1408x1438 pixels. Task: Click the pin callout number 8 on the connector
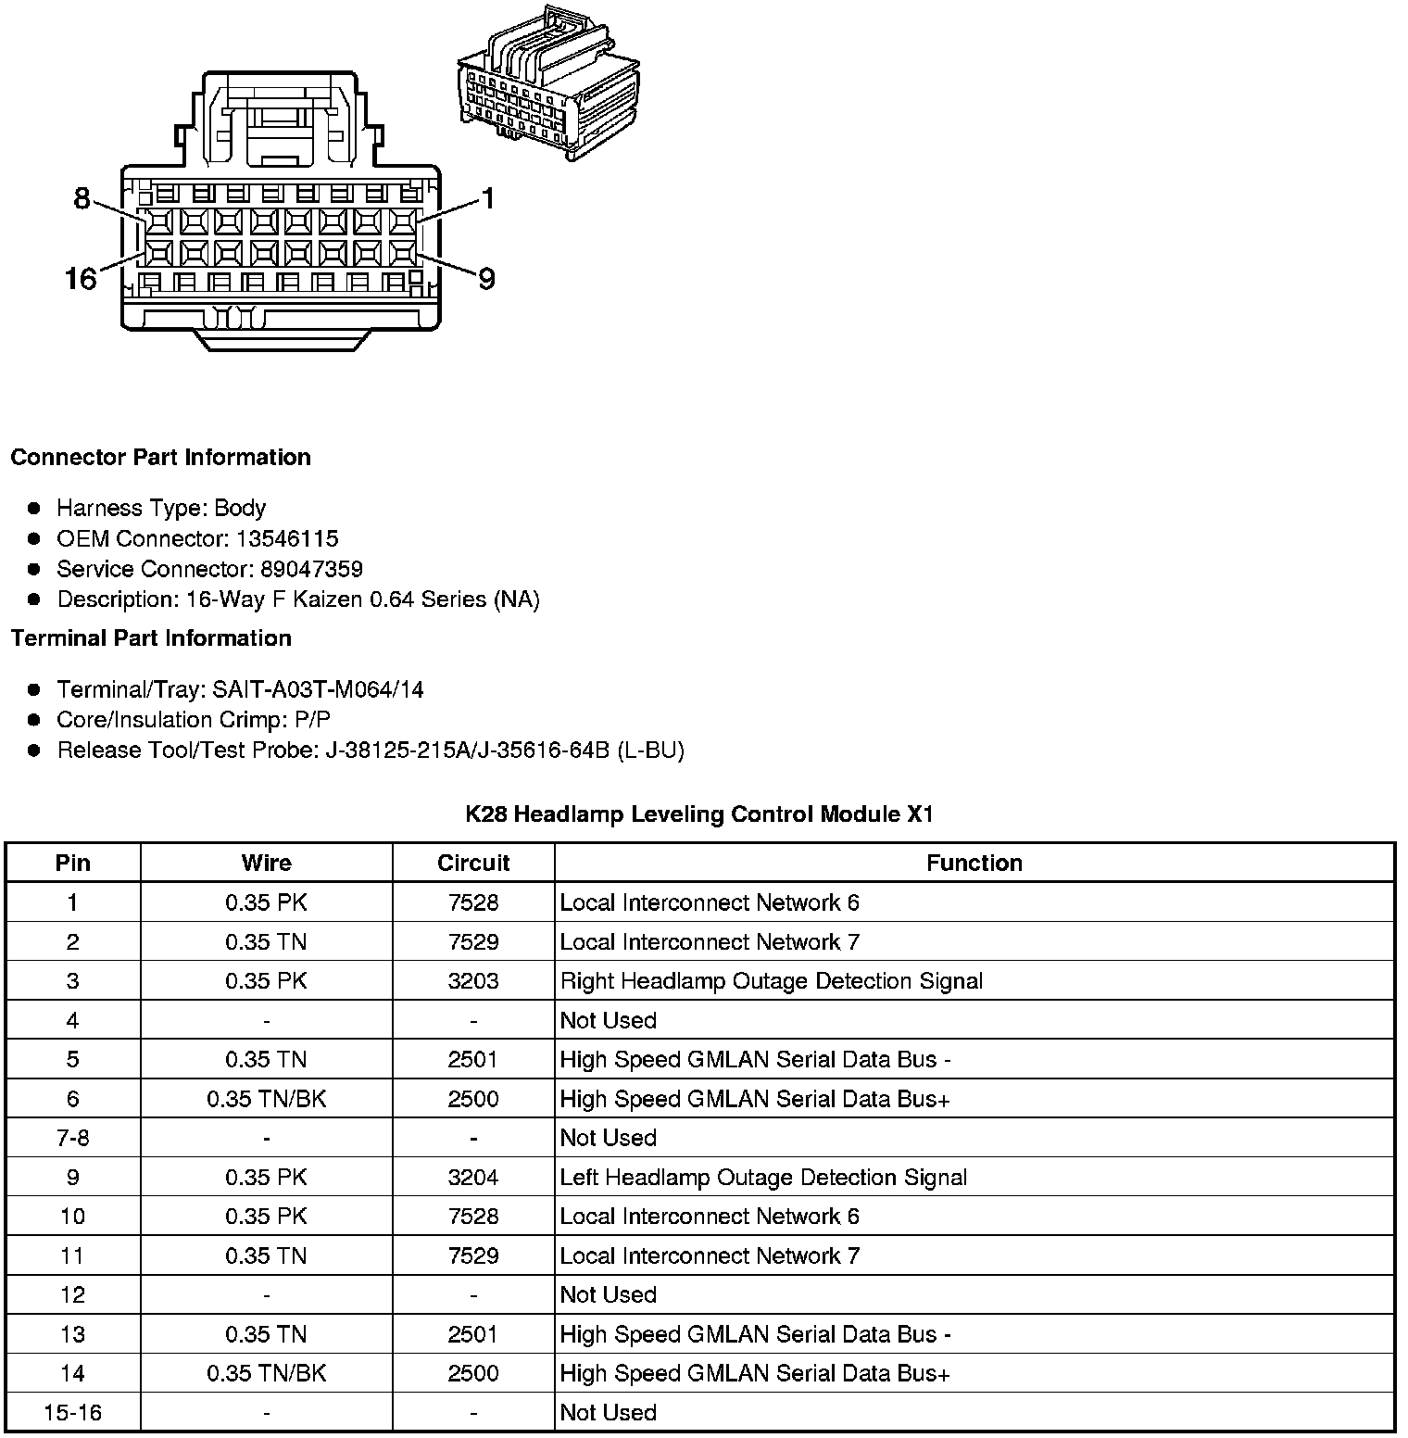click(x=82, y=198)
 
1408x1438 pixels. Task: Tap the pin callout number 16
click(x=81, y=278)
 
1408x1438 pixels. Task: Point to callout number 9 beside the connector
click(x=486, y=278)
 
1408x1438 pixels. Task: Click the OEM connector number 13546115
click(x=287, y=538)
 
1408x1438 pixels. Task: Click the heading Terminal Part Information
click(x=151, y=638)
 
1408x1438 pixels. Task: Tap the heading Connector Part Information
click(x=160, y=458)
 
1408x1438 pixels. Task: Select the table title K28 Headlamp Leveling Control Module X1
click(x=699, y=814)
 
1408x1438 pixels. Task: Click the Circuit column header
click(x=473, y=863)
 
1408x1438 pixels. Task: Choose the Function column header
click(x=974, y=863)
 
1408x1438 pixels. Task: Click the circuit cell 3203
click(x=473, y=981)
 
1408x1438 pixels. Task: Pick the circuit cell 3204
click(x=473, y=1178)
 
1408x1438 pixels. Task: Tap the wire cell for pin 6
click(x=267, y=1099)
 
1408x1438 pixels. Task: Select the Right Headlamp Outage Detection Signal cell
click(x=772, y=981)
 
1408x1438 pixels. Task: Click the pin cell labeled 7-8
click(x=73, y=1138)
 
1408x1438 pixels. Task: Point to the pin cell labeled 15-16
click(x=73, y=1413)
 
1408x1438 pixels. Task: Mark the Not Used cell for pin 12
click(x=609, y=1295)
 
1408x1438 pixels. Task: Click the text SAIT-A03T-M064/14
click(x=318, y=689)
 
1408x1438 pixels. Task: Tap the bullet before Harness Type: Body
click(x=34, y=508)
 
